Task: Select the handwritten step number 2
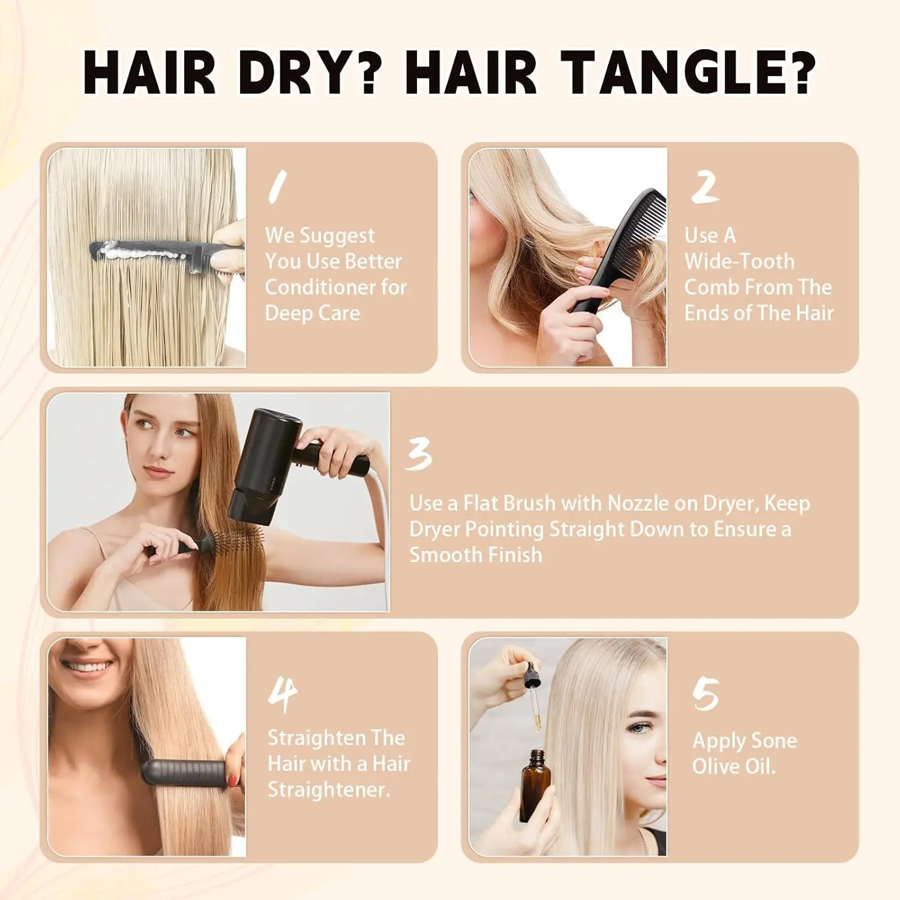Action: click(705, 187)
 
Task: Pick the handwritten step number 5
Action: click(706, 694)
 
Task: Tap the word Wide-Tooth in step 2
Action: click(739, 262)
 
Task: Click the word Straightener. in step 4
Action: click(328, 790)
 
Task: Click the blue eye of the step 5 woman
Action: click(640, 728)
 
